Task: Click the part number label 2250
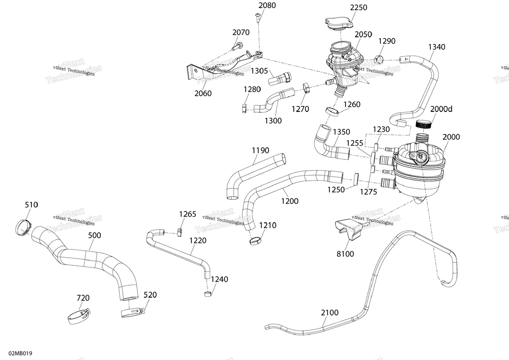point(358,7)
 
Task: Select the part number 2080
point(267,6)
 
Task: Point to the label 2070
point(241,33)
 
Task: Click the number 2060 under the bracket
point(203,93)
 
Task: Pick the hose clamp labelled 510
point(22,225)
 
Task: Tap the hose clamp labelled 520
point(131,311)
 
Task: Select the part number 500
point(94,235)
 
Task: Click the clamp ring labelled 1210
point(256,238)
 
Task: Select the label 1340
point(436,47)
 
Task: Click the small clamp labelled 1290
point(380,57)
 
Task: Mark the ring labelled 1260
point(332,112)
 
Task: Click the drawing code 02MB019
point(20,352)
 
